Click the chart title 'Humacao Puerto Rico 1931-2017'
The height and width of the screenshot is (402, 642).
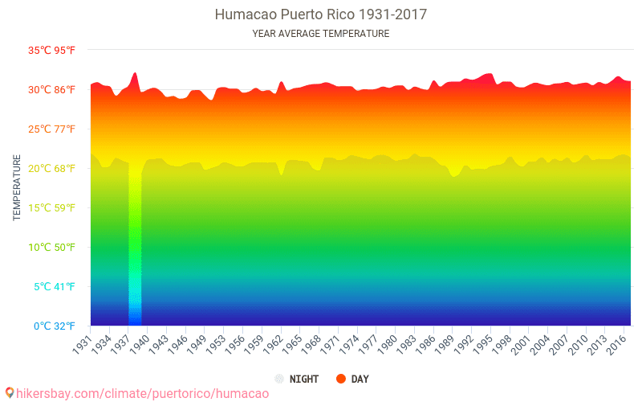point(321,14)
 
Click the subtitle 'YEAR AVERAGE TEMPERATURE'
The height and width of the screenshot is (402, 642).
point(321,34)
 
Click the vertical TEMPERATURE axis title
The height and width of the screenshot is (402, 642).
point(17,188)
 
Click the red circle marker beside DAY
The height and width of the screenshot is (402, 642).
point(340,379)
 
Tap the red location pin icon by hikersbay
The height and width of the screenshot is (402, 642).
point(10,393)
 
